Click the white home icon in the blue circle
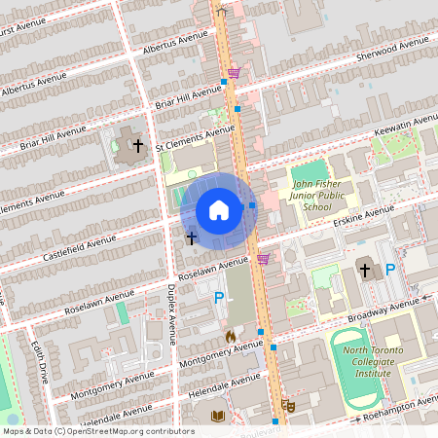click(x=219, y=210)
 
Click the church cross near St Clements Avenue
click(x=138, y=146)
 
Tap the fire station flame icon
click(x=231, y=336)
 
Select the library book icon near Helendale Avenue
click(x=218, y=416)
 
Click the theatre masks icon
click(x=287, y=404)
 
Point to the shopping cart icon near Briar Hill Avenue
click(x=234, y=73)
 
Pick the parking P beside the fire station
click(x=219, y=299)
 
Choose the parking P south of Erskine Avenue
click(x=390, y=269)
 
